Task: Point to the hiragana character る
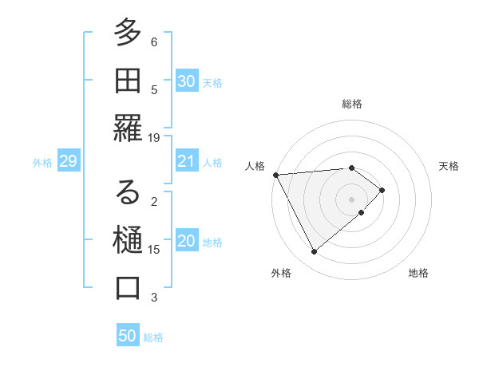(x=128, y=191)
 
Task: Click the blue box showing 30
(x=187, y=81)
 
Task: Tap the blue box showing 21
(x=187, y=162)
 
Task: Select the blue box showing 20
(x=187, y=242)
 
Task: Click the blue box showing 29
(x=69, y=162)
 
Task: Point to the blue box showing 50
(x=128, y=336)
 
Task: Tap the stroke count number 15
(x=154, y=250)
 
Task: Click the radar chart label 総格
(x=352, y=104)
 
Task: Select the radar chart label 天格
(x=449, y=166)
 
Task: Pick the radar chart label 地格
(x=418, y=274)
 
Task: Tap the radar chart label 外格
(x=281, y=274)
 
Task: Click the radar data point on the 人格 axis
(x=275, y=174)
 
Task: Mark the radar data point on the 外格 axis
(x=314, y=252)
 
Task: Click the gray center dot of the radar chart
(x=352, y=199)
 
